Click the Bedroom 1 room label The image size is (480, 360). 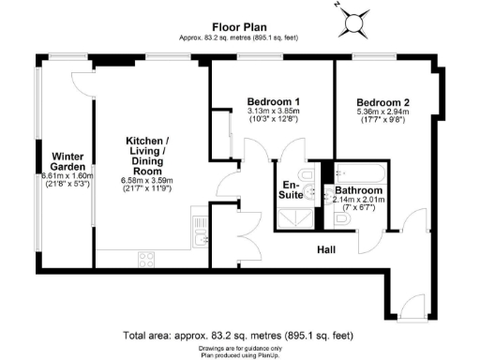pos(273,101)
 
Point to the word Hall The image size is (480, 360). pos(327,249)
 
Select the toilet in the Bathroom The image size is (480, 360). pos(342,218)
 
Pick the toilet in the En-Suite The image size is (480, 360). pos(305,177)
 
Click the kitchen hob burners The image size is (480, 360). pos(148,256)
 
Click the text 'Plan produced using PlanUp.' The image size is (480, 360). pos(239,354)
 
